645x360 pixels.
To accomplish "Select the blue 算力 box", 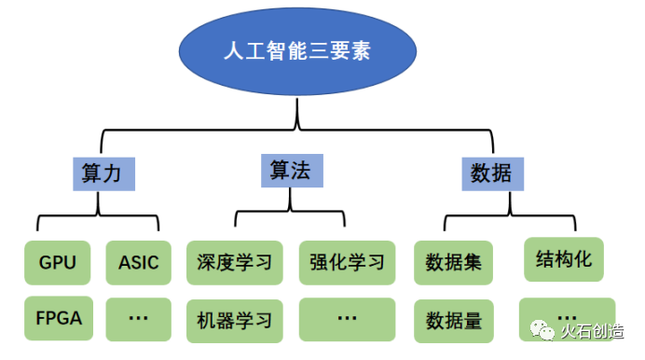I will point(103,173).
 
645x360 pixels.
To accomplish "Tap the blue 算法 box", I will point(291,169).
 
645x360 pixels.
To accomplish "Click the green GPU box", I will point(58,262).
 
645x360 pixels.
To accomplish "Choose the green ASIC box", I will point(138,262).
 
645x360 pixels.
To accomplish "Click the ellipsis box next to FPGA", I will point(138,318).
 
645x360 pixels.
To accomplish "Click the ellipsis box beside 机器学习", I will point(347,319).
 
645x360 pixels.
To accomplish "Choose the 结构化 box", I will point(564,258).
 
